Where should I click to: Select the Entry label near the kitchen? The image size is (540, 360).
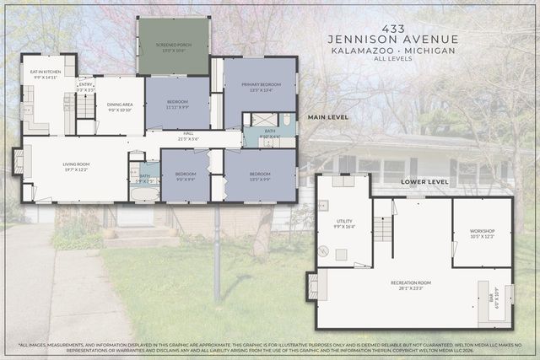85,85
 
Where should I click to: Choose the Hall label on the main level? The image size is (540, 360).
186,137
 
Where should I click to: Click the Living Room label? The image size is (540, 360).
76,167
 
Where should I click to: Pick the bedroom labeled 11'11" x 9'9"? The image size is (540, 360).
176,105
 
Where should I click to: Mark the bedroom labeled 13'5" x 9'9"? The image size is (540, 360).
260,176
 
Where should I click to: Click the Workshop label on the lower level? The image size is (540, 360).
482,233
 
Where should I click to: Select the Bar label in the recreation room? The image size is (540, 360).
494,298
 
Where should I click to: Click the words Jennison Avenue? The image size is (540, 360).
393,40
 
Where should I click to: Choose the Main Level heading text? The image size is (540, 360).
328,117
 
